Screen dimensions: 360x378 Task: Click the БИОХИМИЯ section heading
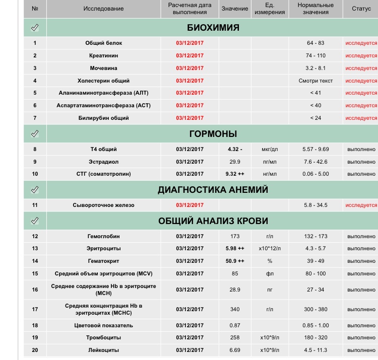click(213, 28)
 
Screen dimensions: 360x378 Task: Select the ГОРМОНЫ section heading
click(213, 134)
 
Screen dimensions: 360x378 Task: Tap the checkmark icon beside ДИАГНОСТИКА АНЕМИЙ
click(35, 190)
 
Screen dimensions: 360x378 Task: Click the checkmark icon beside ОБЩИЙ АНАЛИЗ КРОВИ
click(35, 221)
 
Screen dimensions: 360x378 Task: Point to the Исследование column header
click(103, 9)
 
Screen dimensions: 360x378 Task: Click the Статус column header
click(361, 9)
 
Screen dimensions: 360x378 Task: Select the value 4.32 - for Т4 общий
click(234, 150)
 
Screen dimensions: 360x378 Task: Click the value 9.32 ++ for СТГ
click(234, 174)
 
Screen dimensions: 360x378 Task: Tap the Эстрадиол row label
click(103, 162)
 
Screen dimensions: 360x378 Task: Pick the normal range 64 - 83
click(316, 43)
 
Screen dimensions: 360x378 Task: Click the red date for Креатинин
click(190, 56)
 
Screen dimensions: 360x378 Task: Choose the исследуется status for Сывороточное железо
click(361, 205)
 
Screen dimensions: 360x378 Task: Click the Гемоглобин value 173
click(234, 236)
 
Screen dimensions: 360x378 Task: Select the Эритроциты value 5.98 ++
click(234, 249)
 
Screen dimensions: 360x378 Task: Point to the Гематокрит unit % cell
click(270, 261)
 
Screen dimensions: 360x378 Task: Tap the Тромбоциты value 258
click(234, 338)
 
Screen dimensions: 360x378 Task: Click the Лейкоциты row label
click(103, 350)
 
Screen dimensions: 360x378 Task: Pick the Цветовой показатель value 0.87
click(234, 325)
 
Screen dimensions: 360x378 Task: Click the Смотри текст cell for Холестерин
click(316, 81)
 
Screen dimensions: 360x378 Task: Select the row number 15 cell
click(35, 274)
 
